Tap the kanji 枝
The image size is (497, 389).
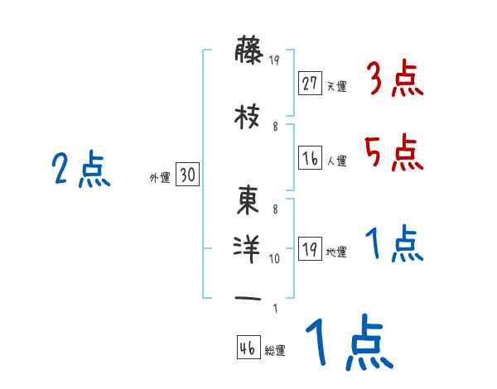pos(248,118)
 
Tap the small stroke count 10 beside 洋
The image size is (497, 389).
pos(275,258)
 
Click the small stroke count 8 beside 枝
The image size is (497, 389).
pos(275,126)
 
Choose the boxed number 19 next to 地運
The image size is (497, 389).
pos(310,249)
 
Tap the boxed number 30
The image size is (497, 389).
pos(187,175)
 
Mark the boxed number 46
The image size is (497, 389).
pos(248,348)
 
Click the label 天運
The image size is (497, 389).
pos(336,86)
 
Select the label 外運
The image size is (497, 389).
pos(158,177)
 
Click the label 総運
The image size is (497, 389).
pos(275,351)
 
